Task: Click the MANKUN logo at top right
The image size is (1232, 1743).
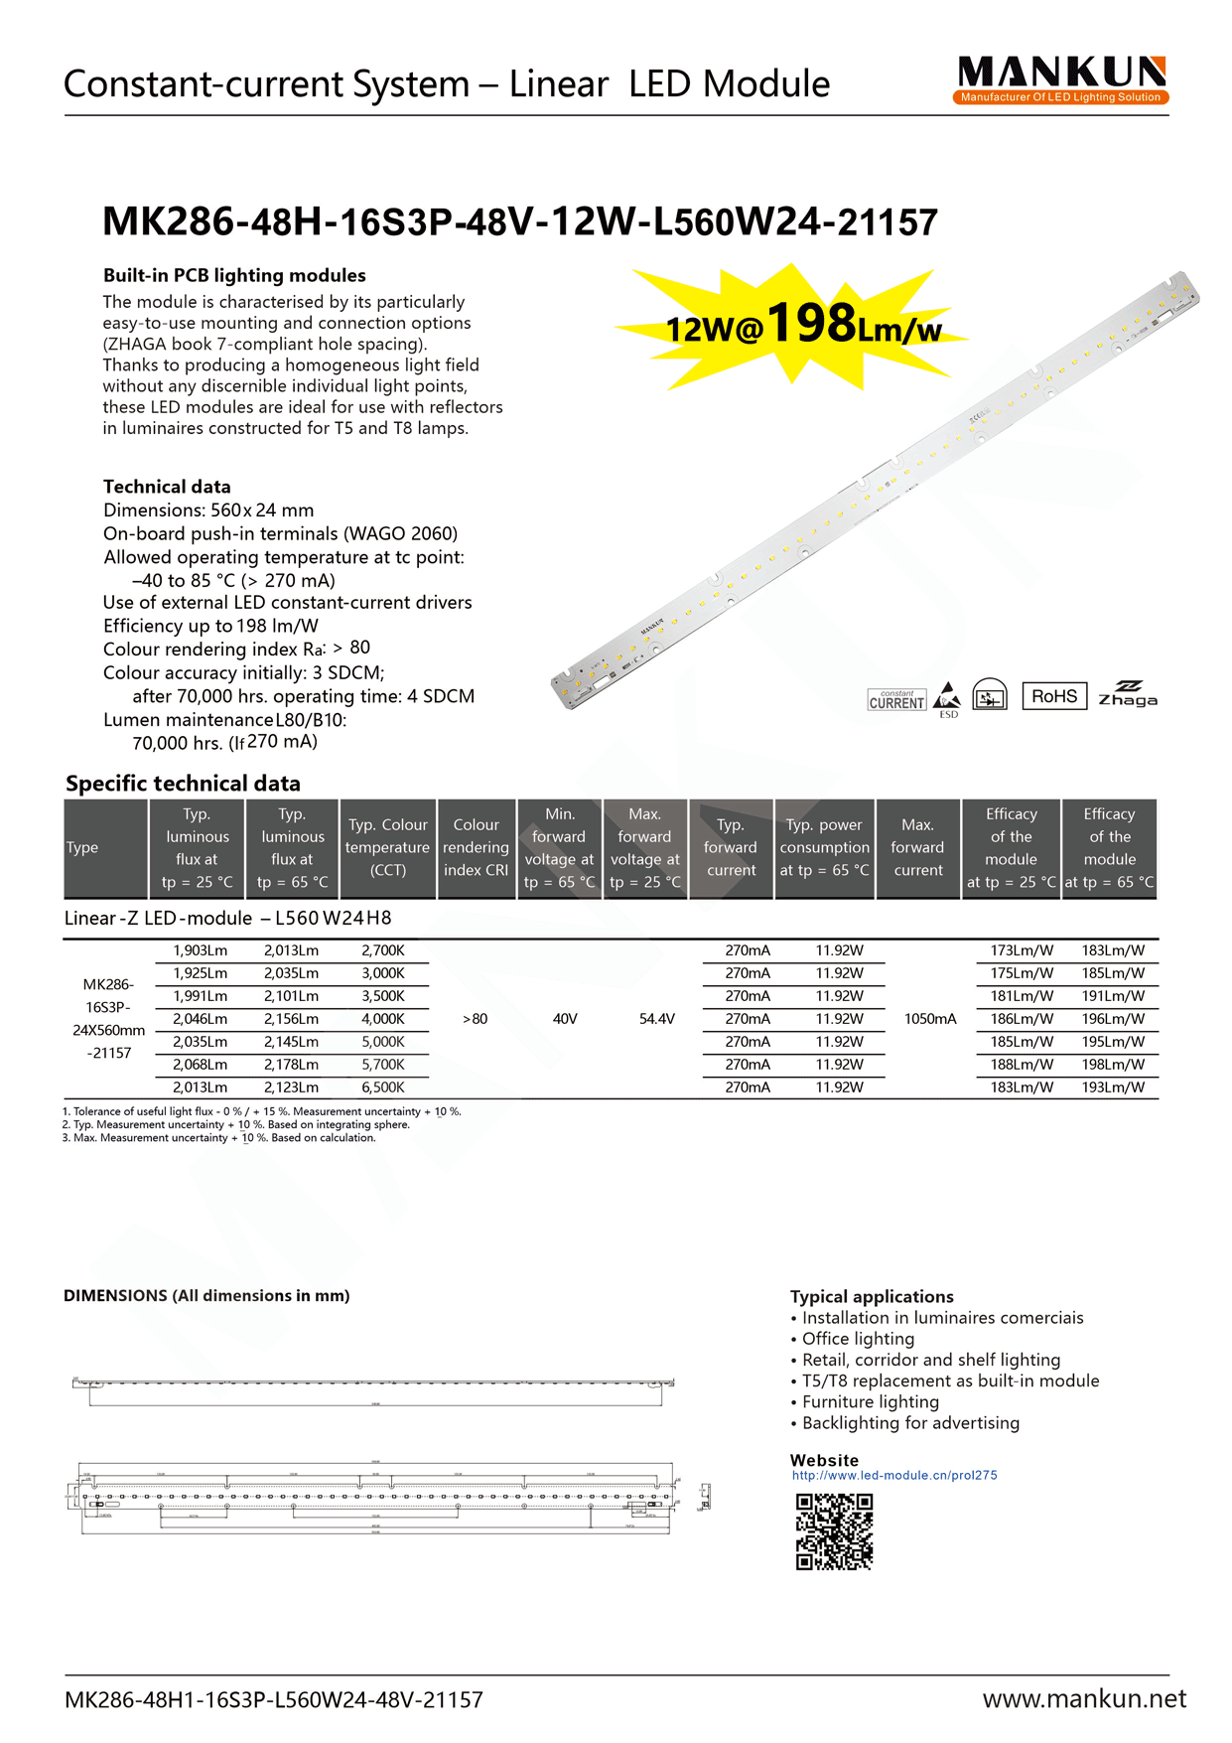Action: pos(1061,79)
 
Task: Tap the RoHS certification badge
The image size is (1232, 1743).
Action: pos(1053,696)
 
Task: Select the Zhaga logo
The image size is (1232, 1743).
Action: pos(1127,694)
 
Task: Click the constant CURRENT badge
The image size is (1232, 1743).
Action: pos(896,700)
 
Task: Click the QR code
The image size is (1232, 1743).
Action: pos(834,1531)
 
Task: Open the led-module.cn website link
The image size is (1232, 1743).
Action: pos(893,1475)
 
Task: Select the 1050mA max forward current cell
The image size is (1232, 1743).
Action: pos(930,1019)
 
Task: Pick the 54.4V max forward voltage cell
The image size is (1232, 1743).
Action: pos(656,1019)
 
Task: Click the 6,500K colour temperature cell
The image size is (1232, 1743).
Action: pos(382,1088)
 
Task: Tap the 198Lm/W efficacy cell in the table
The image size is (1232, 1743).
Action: pos(1113,1065)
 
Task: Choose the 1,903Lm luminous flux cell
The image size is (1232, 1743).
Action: pos(200,950)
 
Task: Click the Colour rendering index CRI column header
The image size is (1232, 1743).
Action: pos(477,847)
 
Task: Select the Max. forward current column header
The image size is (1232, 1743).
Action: pos(917,847)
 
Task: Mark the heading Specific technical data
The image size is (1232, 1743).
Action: pos(183,784)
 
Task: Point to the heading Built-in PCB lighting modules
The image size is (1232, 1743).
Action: pos(234,275)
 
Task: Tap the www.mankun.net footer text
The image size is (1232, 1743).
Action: pos(1084,1699)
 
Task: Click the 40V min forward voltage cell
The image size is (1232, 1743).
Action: pos(565,1019)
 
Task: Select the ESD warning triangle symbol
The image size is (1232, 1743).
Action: pos(948,696)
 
